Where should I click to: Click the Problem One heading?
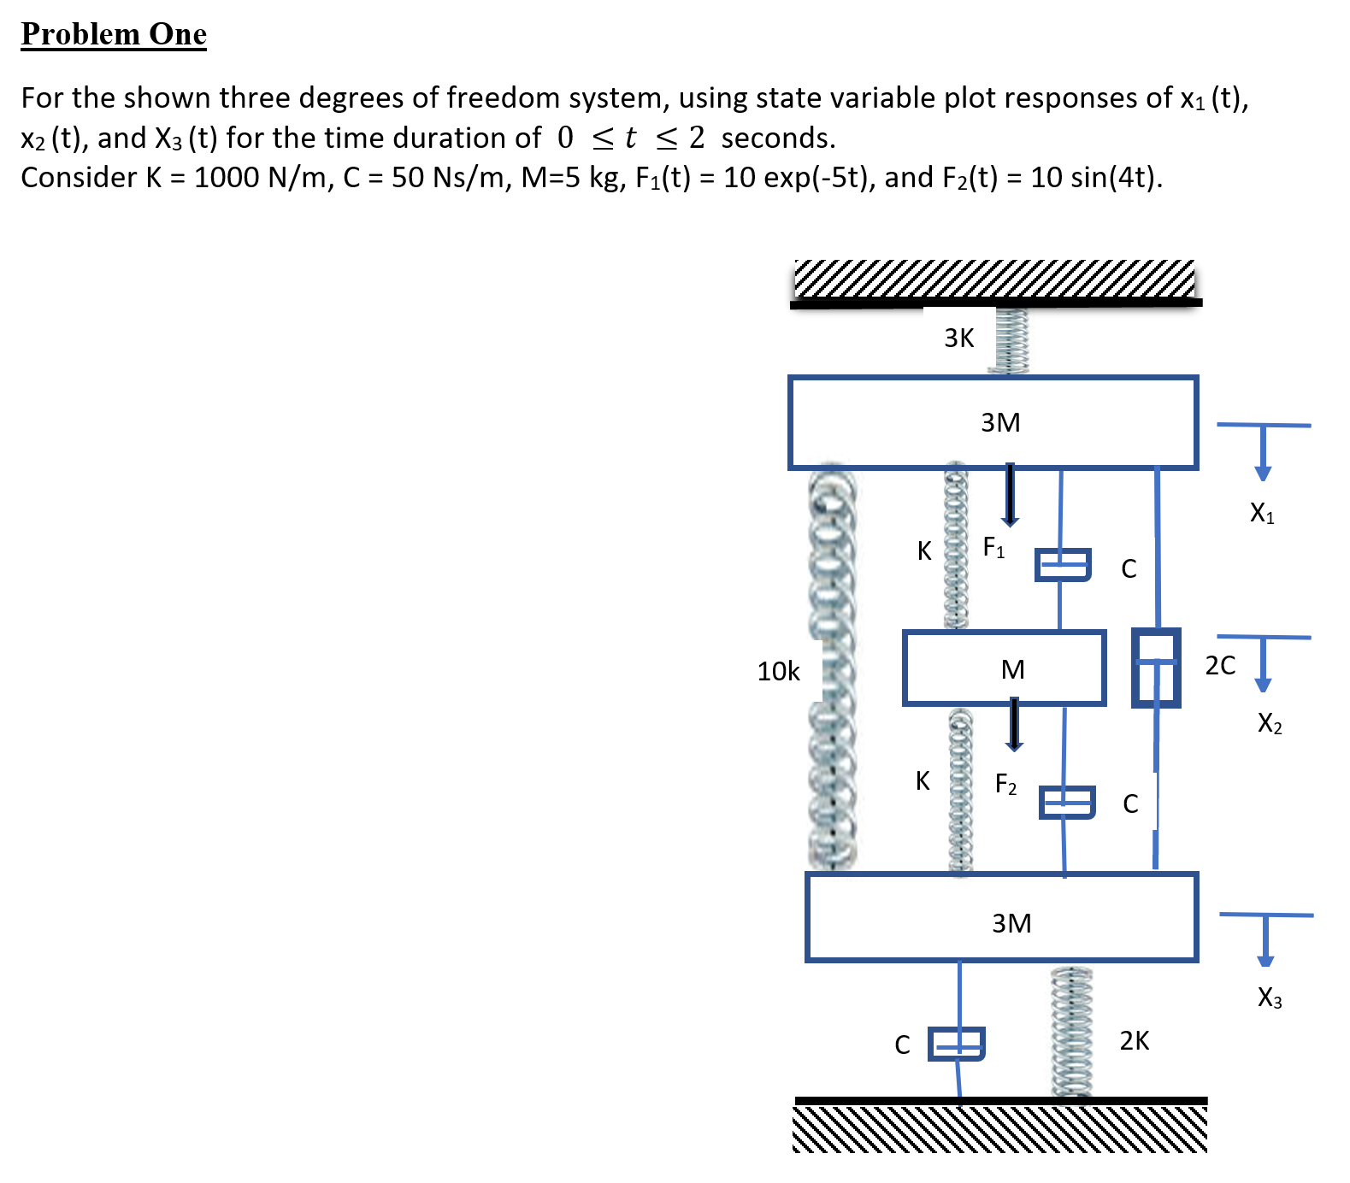point(114,34)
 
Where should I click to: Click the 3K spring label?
point(958,338)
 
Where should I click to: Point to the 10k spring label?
point(778,672)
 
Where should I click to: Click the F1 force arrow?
point(1010,494)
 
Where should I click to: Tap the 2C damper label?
point(1220,666)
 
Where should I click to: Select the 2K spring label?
point(1135,1040)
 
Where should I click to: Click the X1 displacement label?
point(1262,513)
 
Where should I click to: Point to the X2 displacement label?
point(1270,724)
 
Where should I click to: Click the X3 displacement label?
point(1270,998)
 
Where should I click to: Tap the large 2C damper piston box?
point(1156,668)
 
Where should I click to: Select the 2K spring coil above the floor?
point(1072,1032)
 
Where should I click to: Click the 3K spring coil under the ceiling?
point(1010,340)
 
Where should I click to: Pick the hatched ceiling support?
point(994,280)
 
